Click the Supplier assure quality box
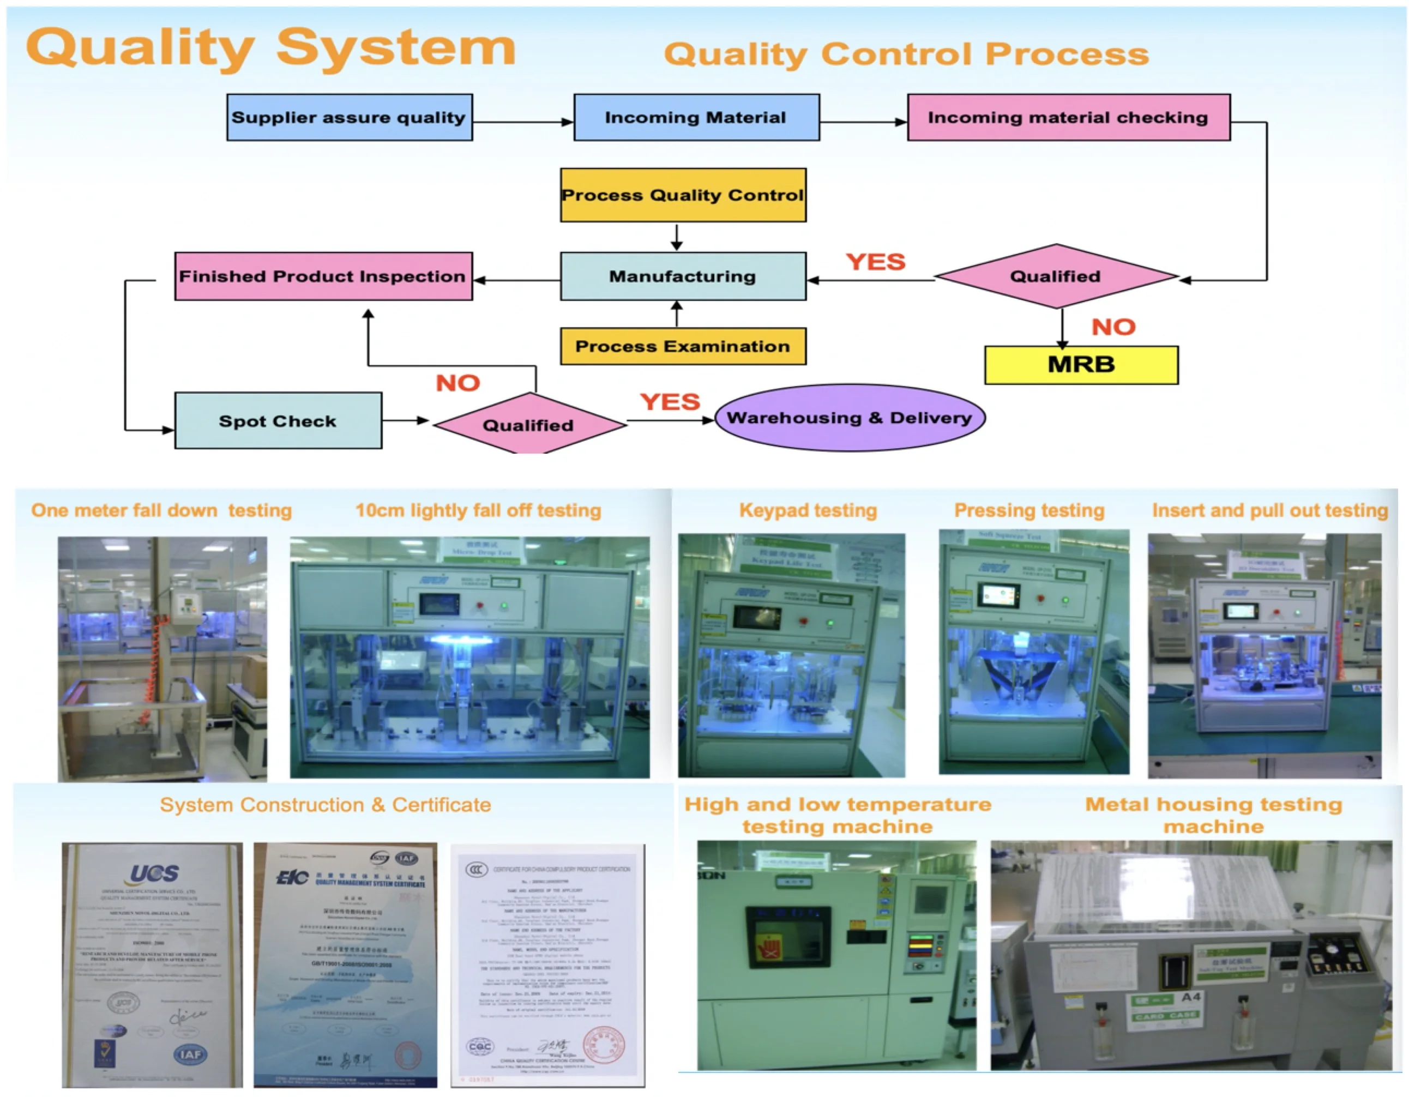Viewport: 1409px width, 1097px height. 349,117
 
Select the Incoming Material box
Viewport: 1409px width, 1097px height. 696,117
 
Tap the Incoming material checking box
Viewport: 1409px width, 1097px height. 1068,117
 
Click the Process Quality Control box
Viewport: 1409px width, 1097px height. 683,195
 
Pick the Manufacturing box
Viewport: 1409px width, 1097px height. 683,276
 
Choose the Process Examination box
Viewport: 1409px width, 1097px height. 683,346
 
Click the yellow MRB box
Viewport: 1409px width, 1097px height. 1081,365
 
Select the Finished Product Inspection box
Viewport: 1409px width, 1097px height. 323,276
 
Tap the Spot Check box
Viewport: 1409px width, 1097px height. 278,421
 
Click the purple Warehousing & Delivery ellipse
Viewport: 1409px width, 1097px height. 849,418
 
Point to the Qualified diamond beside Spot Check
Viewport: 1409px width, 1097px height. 528,424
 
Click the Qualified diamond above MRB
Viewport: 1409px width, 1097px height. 1056,276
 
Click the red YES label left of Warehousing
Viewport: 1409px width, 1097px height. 670,402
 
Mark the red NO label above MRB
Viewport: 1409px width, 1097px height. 1113,327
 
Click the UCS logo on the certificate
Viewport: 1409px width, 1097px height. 154,874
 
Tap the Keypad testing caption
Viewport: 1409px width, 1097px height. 808,511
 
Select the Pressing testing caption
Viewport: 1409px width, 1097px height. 1029,511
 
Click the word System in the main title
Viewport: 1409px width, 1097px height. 395,49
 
